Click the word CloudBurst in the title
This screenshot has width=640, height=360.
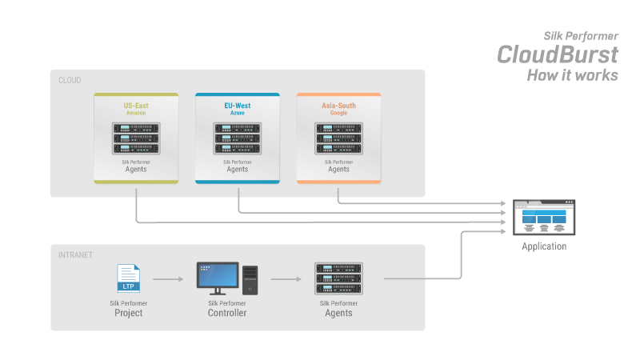click(x=557, y=54)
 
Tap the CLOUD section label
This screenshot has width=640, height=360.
click(x=70, y=80)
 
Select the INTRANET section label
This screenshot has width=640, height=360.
click(x=75, y=255)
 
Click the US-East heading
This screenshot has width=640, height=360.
click(x=135, y=106)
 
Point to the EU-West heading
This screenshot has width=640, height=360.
click(x=237, y=106)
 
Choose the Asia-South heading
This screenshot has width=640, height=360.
click(x=338, y=106)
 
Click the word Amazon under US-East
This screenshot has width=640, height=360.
click(x=135, y=114)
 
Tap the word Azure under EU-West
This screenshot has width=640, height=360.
click(x=237, y=114)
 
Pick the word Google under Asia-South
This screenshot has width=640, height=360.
click(x=338, y=114)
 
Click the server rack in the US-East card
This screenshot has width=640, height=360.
click(x=135, y=138)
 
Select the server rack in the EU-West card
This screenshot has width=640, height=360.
click(x=237, y=138)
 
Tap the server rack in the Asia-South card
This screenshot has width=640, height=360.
click(x=338, y=138)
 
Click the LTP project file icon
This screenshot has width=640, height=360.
click(x=128, y=278)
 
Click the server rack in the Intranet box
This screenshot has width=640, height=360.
click(x=338, y=278)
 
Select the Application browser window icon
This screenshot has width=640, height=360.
click(x=544, y=216)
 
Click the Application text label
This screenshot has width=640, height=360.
click(x=544, y=246)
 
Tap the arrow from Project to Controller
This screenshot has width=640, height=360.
click(x=169, y=279)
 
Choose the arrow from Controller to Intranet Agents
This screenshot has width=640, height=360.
click(x=286, y=279)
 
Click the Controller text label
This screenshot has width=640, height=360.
click(x=226, y=313)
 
